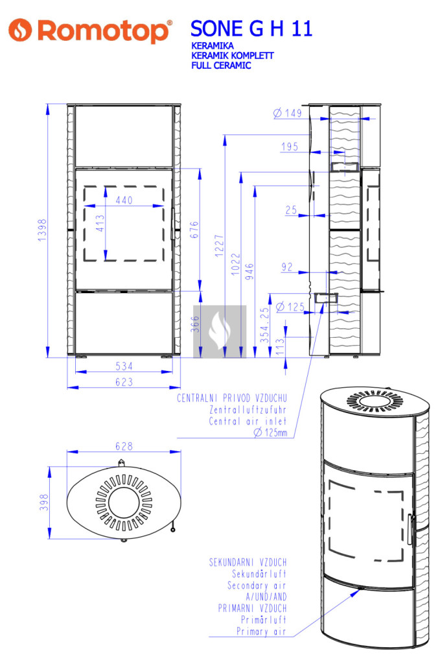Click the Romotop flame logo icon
[x=20, y=30]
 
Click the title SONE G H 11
[x=251, y=29]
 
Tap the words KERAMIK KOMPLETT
[x=232, y=56]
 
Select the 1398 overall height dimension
[x=42, y=230]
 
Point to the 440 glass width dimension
[x=124, y=200]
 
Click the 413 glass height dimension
[x=100, y=223]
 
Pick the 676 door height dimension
[x=194, y=230]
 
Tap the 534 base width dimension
[x=124, y=366]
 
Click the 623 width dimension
[x=124, y=382]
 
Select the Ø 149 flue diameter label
[x=287, y=113]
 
